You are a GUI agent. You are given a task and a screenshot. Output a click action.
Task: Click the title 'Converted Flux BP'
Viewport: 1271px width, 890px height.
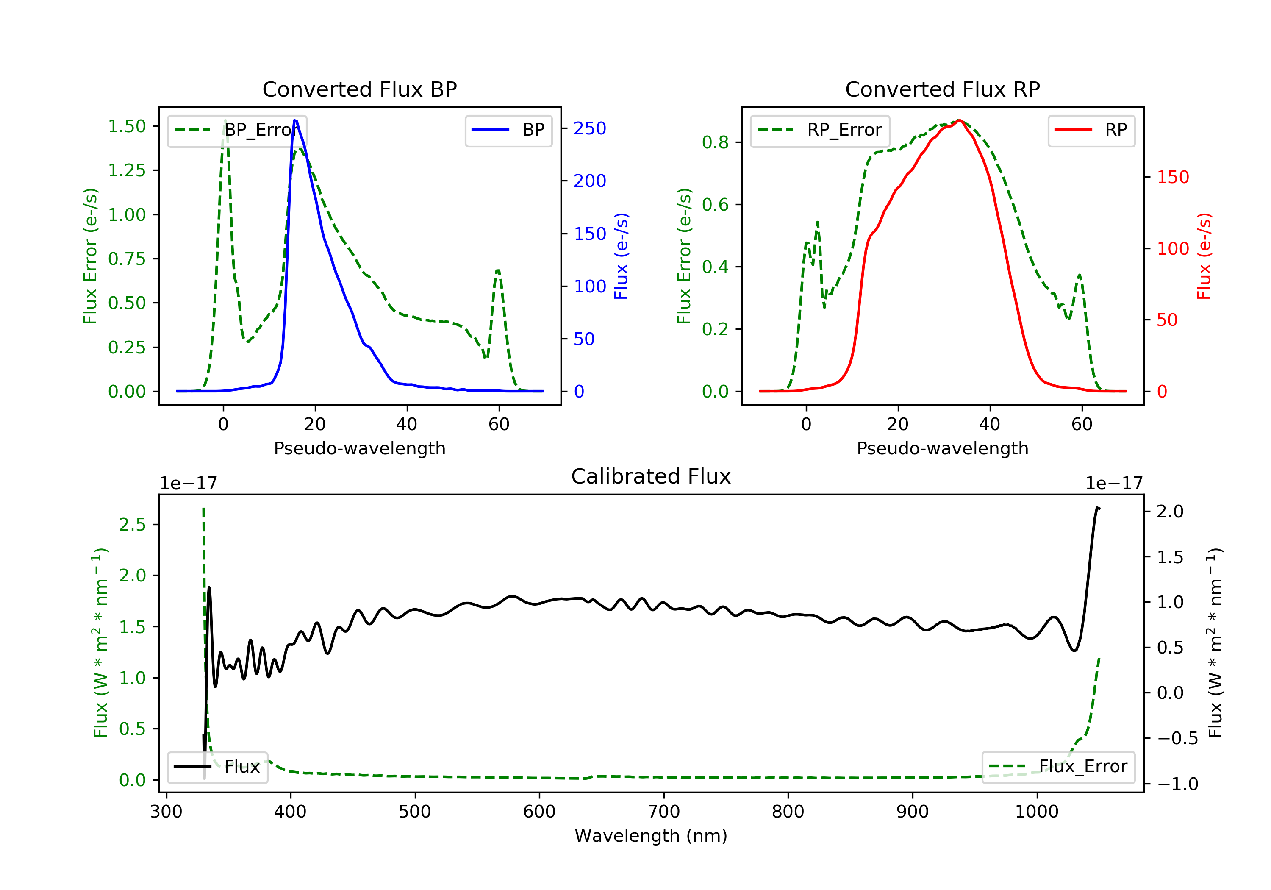[x=359, y=89]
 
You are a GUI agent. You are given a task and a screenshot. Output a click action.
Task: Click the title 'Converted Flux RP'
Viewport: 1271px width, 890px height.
[x=942, y=89]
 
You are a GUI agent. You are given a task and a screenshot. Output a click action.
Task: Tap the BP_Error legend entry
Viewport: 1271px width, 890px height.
[x=237, y=130]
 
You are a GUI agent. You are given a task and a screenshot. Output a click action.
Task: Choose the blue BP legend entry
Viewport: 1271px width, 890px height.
[x=508, y=130]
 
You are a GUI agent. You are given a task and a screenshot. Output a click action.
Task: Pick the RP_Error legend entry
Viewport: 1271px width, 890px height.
[x=820, y=130]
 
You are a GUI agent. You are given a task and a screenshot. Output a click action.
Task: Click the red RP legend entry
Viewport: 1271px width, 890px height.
[x=1091, y=130]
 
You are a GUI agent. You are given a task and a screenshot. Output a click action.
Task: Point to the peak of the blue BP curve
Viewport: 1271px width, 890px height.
[x=295, y=120]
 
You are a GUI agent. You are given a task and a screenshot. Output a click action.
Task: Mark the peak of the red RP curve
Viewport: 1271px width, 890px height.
[x=959, y=120]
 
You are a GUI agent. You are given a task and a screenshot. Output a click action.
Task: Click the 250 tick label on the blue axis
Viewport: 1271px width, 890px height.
[x=590, y=128]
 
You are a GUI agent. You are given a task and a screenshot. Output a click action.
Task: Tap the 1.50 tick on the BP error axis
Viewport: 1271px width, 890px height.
[x=127, y=126]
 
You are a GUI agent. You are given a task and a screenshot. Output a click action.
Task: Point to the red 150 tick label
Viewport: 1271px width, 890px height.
[x=1173, y=177]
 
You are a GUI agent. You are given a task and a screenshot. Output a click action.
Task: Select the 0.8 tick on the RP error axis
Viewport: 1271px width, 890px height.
[x=715, y=142]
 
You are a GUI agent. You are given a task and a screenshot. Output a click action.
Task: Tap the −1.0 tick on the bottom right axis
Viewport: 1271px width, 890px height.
[x=1177, y=784]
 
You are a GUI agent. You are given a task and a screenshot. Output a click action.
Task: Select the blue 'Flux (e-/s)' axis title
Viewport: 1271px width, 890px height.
[x=621, y=256]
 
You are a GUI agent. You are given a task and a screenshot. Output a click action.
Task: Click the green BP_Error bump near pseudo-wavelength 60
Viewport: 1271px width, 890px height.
[x=498, y=271]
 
